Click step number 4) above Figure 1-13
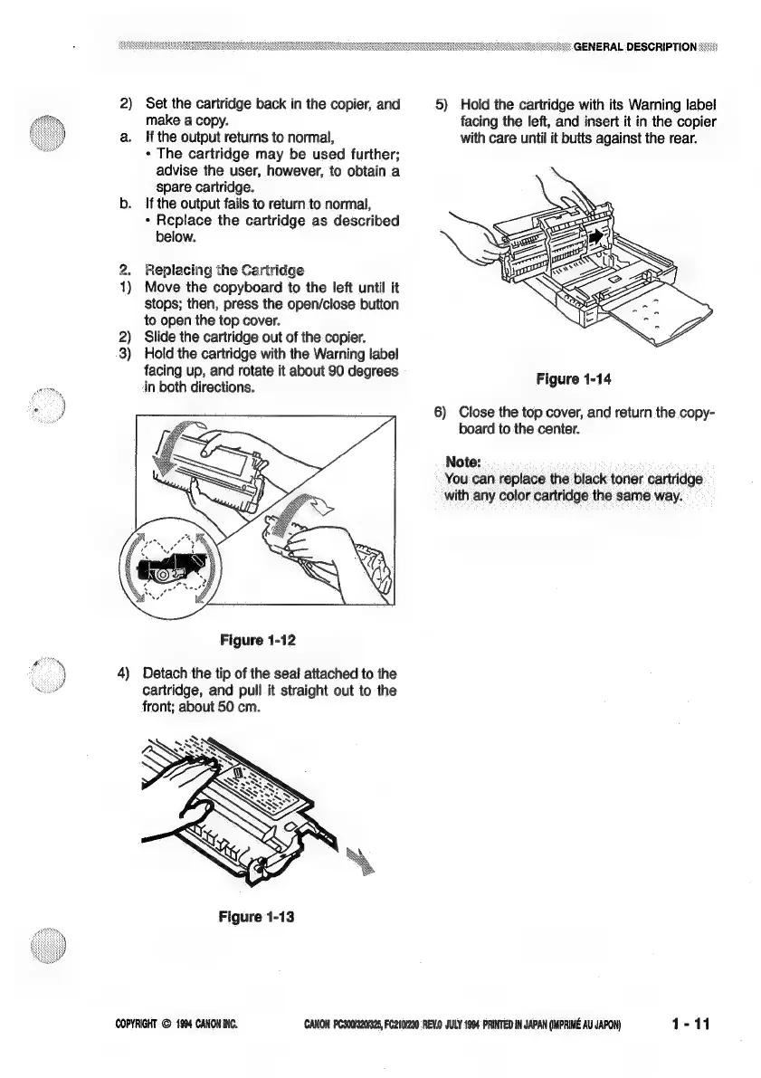point(127,673)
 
